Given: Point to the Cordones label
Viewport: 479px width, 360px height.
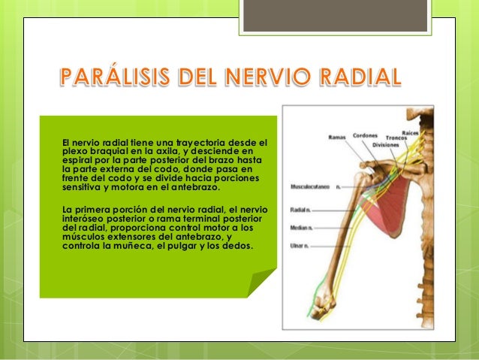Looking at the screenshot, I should [x=366, y=136].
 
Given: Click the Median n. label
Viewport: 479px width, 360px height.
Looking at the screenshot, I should [x=302, y=226].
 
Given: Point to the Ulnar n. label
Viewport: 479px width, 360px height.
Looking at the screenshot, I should [x=300, y=245].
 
